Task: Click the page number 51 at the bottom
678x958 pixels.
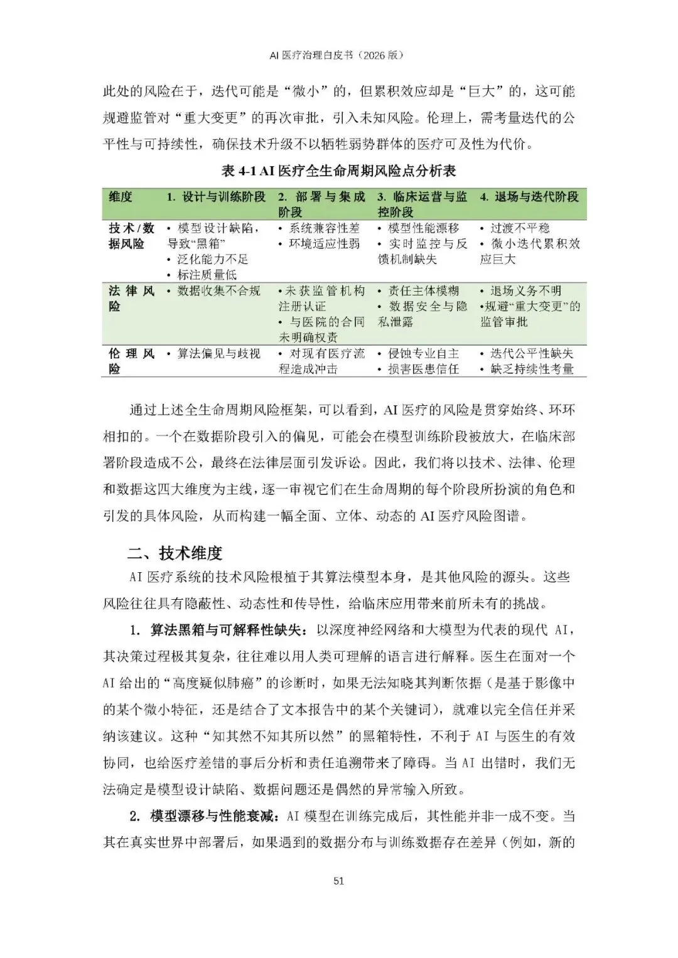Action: pyautogui.click(x=338, y=880)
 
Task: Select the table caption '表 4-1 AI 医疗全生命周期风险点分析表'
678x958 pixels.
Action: pyautogui.click(x=338, y=171)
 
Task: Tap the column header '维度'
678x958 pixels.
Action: pyautogui.click(x=121, y=197)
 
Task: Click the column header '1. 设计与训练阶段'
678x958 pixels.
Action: pyautogui.click(x=216, y=197)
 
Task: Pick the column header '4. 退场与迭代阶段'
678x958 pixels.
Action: pyautogui.click(x=529, y=197)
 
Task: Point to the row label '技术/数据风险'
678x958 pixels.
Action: pyautogui.click(x=131, y=236)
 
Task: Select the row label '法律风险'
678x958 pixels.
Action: pyautogui.click(x=131, y=299)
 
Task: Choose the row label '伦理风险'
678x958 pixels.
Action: pyautogui.click(x=131, y=361)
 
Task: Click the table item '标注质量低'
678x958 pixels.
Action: pyautogui.click(x=207, y=275)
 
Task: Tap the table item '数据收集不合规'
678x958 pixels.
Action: pyautogui.click(x=218, y=291)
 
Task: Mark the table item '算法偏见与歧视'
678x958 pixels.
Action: pyautogui.click(x=218, y=354)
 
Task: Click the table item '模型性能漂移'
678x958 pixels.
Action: pyautogui.click(x=423, y=228)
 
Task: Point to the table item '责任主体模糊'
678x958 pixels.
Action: pyautogui.click(x=423, y=291)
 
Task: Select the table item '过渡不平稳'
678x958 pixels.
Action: pyautogui.click(x=519, y=228)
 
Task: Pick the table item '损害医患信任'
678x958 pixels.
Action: pyautogui.click(x=423, y=370)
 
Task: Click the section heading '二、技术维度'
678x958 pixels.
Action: pyautogui.click(x=175, y=553)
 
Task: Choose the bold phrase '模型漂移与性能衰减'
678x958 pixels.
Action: pyautogui.click(x=213, y=816)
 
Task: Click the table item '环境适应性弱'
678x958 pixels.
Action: pyautogui.click(x=324, y=244)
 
